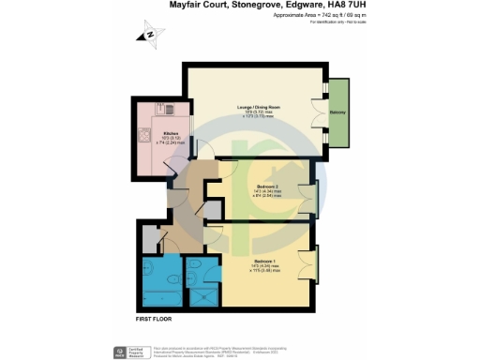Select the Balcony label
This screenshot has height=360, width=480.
(336, 110)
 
